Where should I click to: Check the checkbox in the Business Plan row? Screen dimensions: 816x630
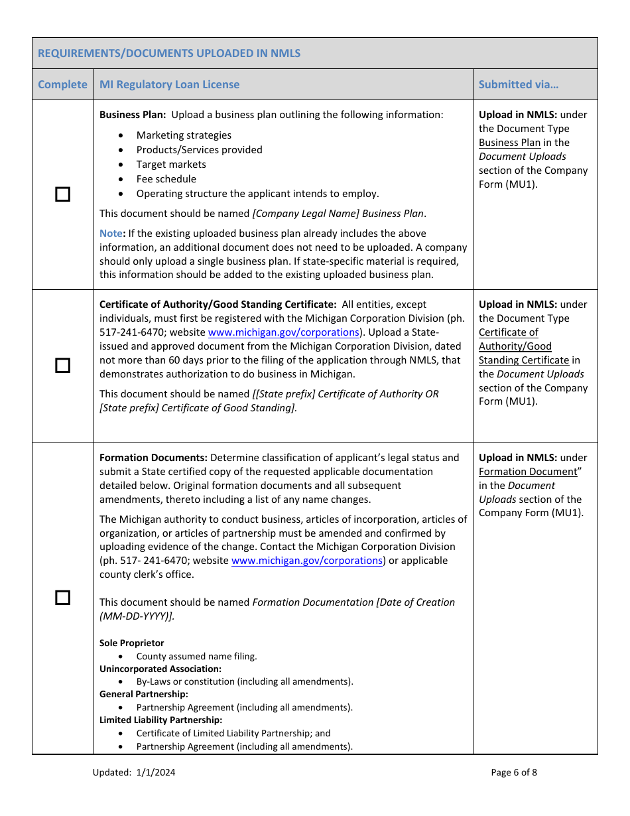point(62,194)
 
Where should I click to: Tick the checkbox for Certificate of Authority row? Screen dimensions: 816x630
point(62,366)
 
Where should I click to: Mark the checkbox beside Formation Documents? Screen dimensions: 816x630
point(62,597)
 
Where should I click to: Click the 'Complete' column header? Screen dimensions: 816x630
point(62,84)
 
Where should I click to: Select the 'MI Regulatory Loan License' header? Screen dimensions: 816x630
point(169,84)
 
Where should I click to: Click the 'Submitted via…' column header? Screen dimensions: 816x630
point(518,84)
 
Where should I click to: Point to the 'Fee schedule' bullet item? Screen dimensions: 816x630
point(166,179)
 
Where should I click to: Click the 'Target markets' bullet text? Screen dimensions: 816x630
point(171,165)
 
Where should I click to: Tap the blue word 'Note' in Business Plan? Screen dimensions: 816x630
point(111,234)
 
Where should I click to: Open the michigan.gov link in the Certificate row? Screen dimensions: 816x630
point(283,332)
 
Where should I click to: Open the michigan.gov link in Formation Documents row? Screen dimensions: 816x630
point(306,561)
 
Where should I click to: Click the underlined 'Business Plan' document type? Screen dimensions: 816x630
point(509,143)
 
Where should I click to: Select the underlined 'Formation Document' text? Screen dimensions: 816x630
point(528,472)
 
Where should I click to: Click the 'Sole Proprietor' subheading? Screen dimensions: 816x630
point(131,643)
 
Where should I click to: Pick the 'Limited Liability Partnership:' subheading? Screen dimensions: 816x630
point(160,720)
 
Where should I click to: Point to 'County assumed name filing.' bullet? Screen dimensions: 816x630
point(196,656)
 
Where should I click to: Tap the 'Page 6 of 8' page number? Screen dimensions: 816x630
point(514,772)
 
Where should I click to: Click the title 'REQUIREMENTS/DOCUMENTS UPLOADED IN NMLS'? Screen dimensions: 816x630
point(169,53)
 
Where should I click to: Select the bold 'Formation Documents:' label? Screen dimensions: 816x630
point(153,458)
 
